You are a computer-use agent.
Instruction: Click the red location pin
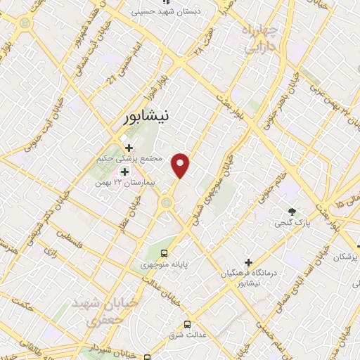tap(181, 165)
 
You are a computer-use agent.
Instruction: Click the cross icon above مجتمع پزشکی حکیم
tap(129, 148)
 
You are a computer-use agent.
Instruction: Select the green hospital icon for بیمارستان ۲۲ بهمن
tap(124, 172)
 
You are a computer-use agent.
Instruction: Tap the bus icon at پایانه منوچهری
tap(164, 253)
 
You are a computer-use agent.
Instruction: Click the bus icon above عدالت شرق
tap(187, 324)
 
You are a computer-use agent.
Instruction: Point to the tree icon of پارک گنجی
tap(292, 212)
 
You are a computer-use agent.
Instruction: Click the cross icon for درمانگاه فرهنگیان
tap(248, 262)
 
